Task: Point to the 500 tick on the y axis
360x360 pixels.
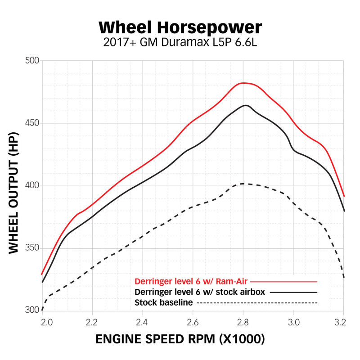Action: click(x=32, y=61)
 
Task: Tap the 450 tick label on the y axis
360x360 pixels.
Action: click(x=32, y=123)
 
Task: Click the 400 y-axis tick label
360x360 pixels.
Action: click(x=32, y=186)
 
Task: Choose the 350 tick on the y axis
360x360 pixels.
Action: click(x=32, y=248)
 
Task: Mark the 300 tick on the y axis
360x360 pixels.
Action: click(x=32, y=310)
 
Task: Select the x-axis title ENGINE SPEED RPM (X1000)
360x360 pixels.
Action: click(x=180, y=339)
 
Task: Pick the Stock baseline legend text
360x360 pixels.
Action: click(x=164, y=302)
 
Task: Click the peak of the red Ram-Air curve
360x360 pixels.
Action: click(x=243, y=83)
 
